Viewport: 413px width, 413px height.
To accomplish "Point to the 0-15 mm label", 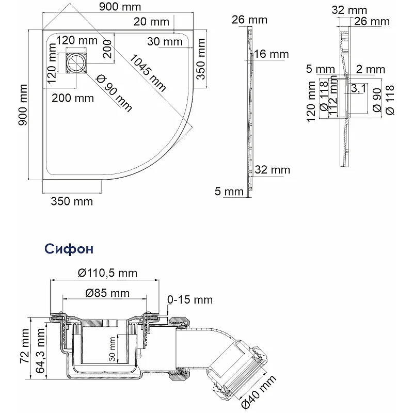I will coord(190,300).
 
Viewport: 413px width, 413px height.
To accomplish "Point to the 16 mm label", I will coord(272,55).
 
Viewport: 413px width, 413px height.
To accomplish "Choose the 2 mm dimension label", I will coord(370,69).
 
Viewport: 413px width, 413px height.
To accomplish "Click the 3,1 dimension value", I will coord(358,89).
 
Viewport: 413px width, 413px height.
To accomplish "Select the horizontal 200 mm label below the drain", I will coord(72,98).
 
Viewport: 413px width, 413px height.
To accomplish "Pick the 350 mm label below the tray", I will coord(71,201).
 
